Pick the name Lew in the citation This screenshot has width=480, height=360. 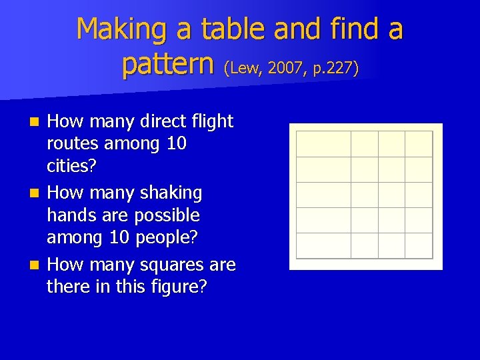pos(245,68)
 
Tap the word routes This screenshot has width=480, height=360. pos(73,143)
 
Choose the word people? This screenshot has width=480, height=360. pos(169,237)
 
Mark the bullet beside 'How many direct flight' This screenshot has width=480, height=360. pos(37,122)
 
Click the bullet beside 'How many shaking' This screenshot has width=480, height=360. pos(37,193)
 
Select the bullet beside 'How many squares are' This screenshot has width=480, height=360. pos(37,265)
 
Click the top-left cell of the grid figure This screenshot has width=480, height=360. pos(323,144)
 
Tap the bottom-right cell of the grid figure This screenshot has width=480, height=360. pos(419,245)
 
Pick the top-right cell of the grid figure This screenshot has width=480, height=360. pos(419,144)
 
